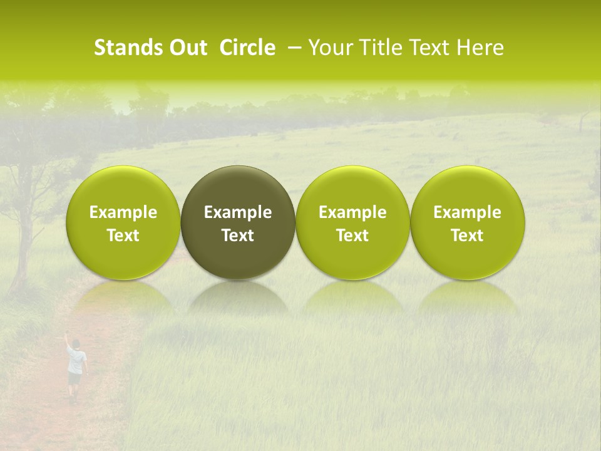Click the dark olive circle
238,222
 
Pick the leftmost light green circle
123,222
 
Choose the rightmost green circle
468,222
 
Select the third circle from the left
352,222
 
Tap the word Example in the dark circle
238,212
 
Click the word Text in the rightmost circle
468,236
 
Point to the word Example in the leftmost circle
123,212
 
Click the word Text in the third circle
352,236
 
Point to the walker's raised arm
67,341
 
